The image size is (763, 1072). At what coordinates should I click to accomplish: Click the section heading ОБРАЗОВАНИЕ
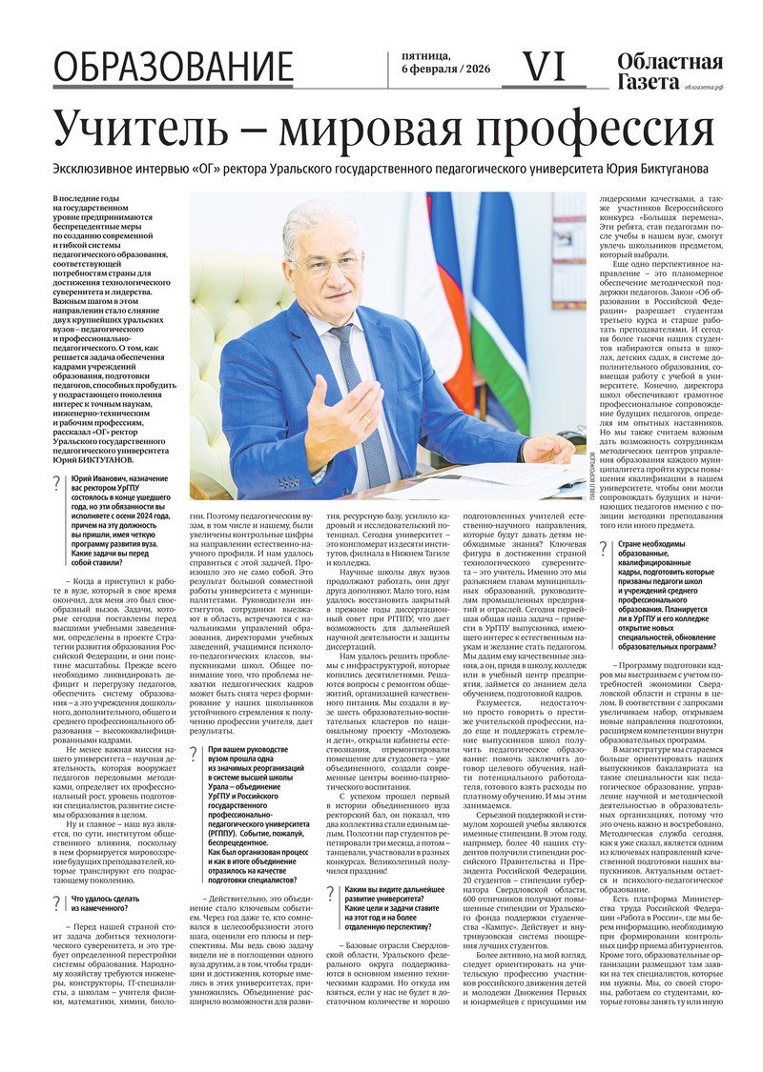(x=173, y=68)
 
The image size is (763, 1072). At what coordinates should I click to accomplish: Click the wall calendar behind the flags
(x=568, y=249)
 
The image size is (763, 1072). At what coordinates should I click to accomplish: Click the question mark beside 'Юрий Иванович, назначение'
(x=56, y=484)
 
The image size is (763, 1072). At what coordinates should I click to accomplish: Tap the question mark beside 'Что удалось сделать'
(x=56, y=899)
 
